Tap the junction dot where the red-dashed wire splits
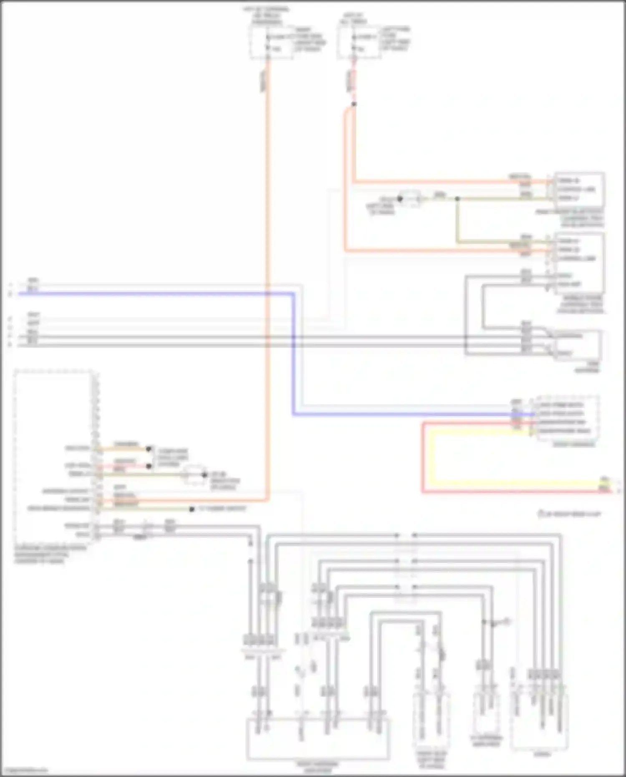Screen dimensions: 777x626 click(x=354, y=104)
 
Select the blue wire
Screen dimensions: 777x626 click(x=167, y=294)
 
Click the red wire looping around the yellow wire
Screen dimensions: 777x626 click(x=423, y=459)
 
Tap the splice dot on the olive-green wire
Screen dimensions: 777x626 click(x=457, y=199)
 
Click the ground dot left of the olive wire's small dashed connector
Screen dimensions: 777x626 click(x=399, y=199)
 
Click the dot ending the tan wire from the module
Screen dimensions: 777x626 click(x=149, y=449)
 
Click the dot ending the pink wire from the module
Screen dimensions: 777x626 click(x=149, y=466)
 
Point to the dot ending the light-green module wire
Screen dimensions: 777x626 click(x=192, y=509)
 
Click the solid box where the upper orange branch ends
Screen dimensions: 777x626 click(x=579, y=190)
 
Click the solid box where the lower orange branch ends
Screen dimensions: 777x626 click(x=579, y=263)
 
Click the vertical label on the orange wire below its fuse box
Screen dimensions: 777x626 click(x=264, y=81)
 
